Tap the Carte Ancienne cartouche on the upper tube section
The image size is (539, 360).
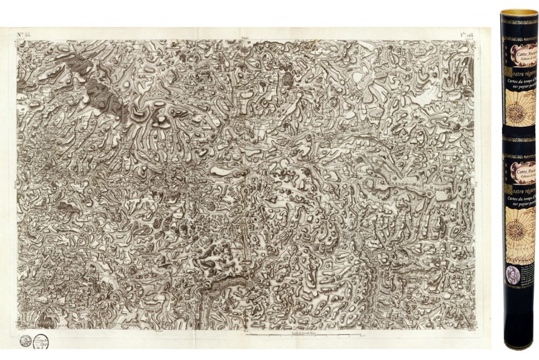pyautogui.click(x=522, y=55)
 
